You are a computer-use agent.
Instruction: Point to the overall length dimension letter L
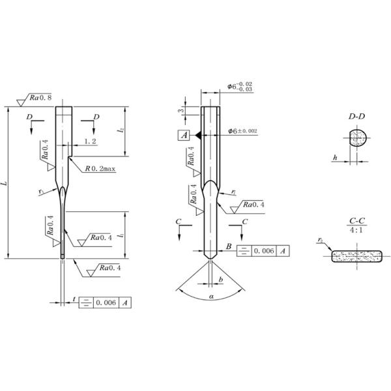point(5,185)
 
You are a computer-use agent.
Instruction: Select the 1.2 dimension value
point(90,141)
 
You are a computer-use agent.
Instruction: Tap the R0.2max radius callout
point(100,168)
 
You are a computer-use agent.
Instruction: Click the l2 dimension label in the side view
point(121,131)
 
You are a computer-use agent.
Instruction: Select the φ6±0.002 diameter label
point(243,131)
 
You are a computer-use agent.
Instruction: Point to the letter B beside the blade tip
point(229,245)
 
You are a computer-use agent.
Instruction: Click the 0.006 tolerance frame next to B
point(262,250)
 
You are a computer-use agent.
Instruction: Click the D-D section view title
point(356,117)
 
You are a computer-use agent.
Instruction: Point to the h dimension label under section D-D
point(334,157)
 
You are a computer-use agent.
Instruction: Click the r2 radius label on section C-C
point(321,240)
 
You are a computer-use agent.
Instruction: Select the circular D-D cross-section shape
point(356,139)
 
